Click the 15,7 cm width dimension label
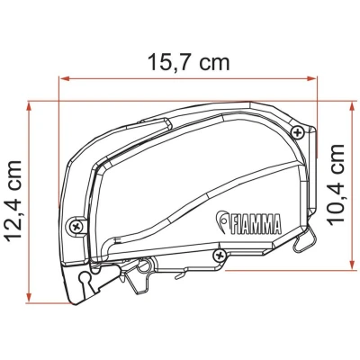(189, 62)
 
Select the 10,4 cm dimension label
(336, 184)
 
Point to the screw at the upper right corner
(297, 132)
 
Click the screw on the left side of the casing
(76, 225)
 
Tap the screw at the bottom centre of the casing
(220, 255)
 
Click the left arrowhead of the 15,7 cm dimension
(65, 79)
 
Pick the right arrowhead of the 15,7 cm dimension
(311, 79)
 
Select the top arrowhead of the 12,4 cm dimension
(29, 107)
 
